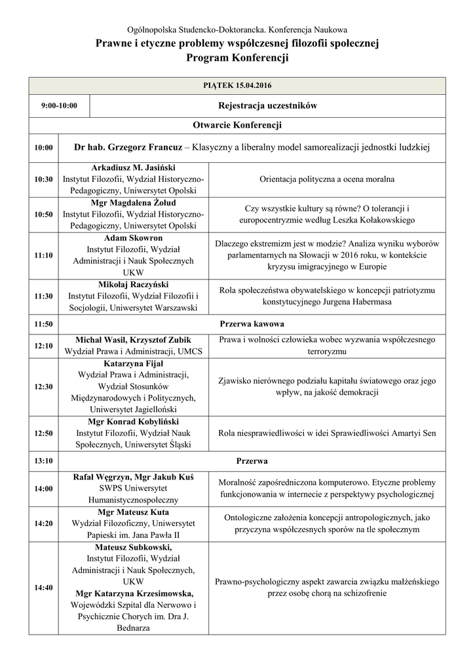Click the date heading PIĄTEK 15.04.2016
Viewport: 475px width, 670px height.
coord(237,86)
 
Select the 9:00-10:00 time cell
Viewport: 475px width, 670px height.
coord(59,105)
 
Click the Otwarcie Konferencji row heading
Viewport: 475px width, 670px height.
coord(237,125)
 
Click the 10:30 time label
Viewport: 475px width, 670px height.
coord(44,179)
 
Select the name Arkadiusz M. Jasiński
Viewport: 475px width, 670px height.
coord(133,167)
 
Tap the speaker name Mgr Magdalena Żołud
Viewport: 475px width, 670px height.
coord(133,203)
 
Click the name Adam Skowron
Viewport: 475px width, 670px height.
coord(133,238)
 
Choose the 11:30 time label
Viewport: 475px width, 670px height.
coord(44,296)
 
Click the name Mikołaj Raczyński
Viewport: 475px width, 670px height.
coord(133,285)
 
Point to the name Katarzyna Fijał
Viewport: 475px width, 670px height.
coord(133,363)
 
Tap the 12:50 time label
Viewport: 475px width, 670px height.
coord(44,433)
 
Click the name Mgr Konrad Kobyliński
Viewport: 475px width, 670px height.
coord(133,422)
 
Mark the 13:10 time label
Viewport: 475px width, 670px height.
coord(44,461)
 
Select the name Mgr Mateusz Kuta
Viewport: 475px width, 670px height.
coord(133,512)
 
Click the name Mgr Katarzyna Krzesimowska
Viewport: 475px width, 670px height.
coord(133,593)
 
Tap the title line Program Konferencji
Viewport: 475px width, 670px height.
coord(237,58)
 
